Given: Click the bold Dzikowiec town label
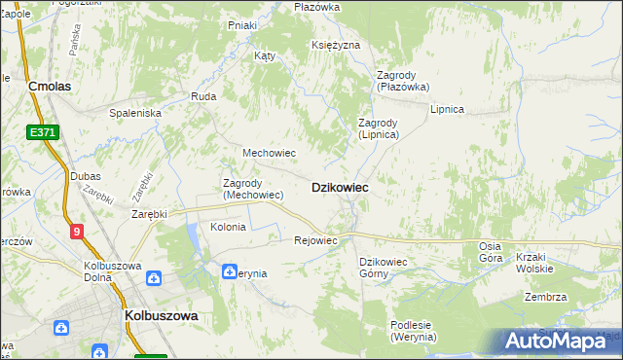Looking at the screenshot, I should [x=339, y=187].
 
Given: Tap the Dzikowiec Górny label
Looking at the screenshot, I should [x=387, y=268].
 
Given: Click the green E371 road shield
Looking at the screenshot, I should [x=42, y=131].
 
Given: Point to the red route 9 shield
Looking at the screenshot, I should [x=76, y=231].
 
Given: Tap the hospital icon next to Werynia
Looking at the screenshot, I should [x=230, y=271].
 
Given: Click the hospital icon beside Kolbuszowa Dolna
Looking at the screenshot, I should [x=154, y=277].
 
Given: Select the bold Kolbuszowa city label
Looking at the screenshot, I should [x=162, y=316].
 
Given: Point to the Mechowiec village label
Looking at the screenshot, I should [x=269, y=153].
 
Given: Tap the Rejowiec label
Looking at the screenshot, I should [x=314, y=240].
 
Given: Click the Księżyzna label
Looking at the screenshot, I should [x=336, y=46].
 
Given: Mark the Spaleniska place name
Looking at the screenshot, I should [x=134, y=113].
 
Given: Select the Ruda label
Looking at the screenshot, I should [x=203, y=97].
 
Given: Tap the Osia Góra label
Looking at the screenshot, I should [x=491, y=251].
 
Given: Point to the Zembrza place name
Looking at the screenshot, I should [x=544, y=298].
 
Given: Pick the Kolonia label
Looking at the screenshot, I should [x=228, y=227].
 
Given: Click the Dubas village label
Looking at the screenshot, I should [x=86, y=176].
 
